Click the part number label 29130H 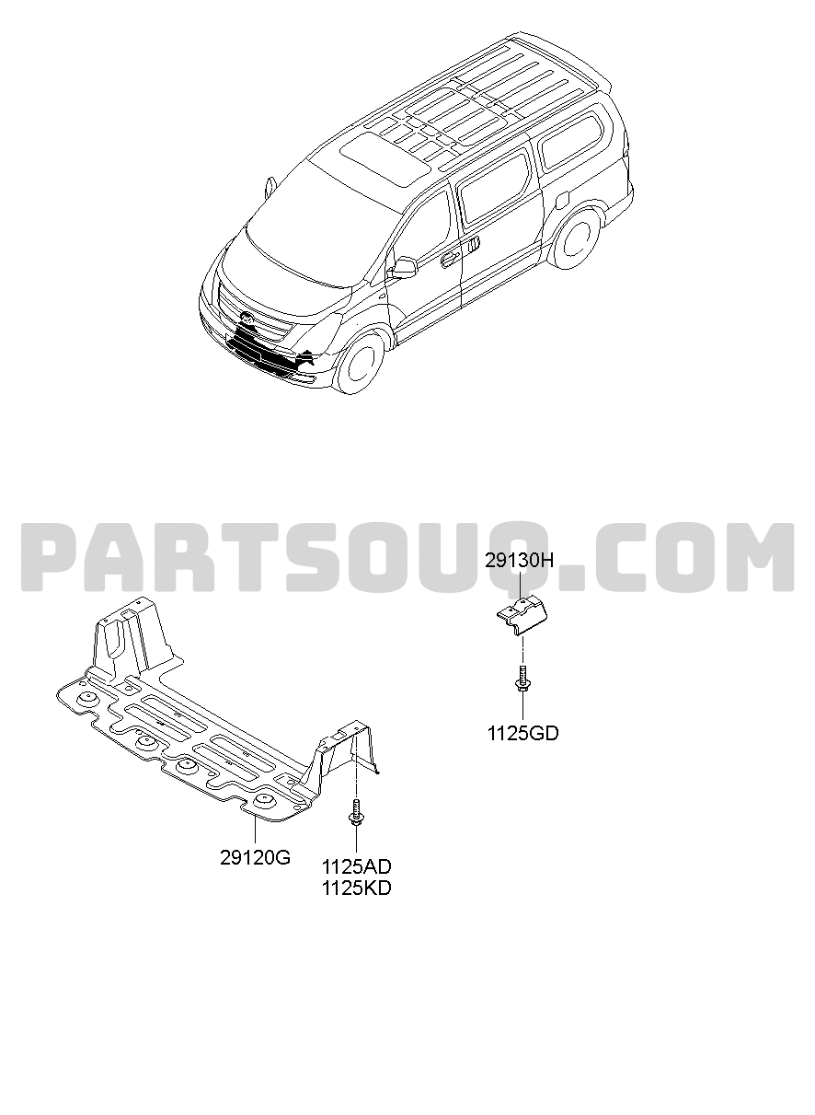point(519,561)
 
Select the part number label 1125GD point(522,733)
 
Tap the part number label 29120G point(255,857)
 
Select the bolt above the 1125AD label point(356,813)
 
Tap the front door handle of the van point(448,257)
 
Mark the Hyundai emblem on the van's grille point(246,316)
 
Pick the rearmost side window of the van point(572,143)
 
